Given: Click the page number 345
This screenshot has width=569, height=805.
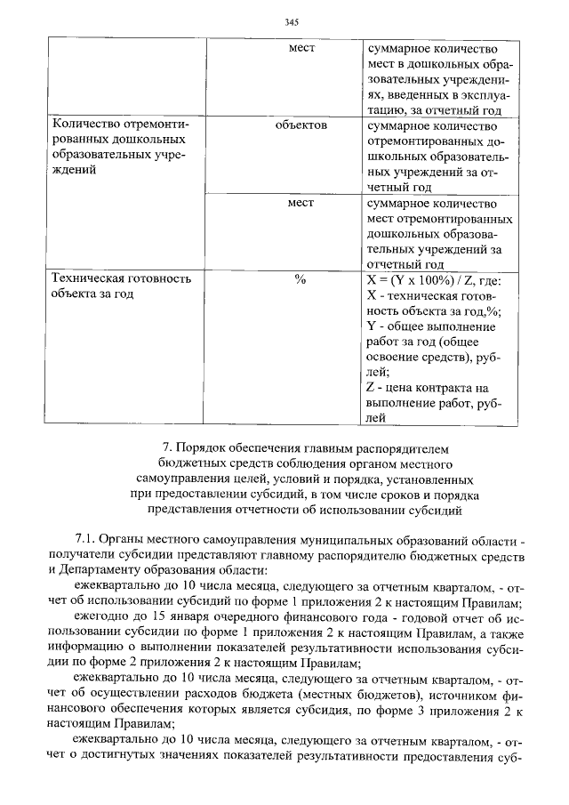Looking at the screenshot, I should pos(291,22).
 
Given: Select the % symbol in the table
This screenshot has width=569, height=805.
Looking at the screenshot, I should pos(301,279).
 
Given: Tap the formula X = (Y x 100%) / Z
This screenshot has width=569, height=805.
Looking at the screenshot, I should pos(434,279).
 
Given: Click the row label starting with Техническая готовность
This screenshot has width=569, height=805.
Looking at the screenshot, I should pos(122,279).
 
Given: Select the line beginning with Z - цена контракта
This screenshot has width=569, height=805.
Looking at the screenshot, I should pos(429,387).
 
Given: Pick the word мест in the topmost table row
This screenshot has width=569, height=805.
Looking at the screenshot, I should pos(301,48).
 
